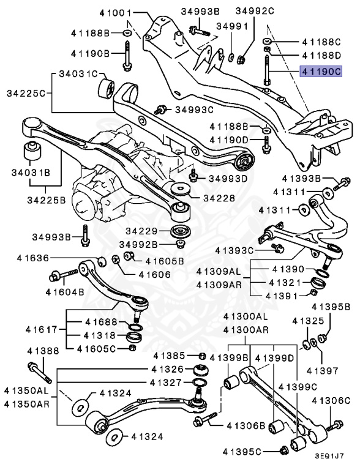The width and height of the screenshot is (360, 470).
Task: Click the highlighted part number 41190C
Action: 320,72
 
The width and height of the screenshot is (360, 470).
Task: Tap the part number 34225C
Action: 25,94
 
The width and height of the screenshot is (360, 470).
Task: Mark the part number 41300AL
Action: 246,316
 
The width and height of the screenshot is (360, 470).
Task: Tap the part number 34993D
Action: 227,179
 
